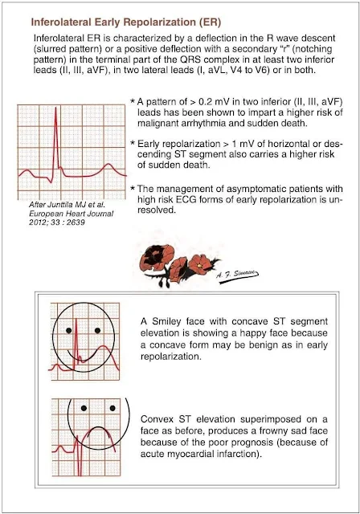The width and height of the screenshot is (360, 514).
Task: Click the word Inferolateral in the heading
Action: pos(61,22)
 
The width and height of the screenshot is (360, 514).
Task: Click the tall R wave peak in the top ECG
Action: pos(55,108)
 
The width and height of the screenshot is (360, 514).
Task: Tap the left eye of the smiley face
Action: pos(68,330)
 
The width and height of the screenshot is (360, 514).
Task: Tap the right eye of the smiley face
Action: pos(97,330)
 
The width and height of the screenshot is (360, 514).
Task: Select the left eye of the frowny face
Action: pos(84,408)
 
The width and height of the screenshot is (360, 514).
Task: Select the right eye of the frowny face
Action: pos(112,408)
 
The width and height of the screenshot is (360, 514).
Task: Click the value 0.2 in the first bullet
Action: pos(205,102)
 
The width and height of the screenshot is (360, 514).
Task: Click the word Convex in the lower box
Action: pos(155,419)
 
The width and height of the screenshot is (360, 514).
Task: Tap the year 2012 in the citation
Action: pos(36,222)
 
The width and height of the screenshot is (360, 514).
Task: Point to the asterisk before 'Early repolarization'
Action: pos(133,143)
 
